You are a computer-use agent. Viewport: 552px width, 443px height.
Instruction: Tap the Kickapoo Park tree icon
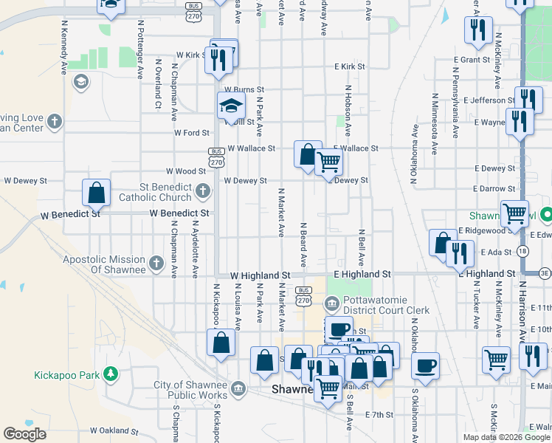pos(111,373)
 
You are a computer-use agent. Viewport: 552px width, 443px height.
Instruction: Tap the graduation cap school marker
pos(231,106)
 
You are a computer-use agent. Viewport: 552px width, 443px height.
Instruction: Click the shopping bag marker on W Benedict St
pos(97,193)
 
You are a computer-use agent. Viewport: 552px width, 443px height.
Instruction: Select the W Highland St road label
pos(260,275)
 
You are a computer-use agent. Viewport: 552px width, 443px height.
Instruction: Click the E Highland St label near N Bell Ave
pos(362,274)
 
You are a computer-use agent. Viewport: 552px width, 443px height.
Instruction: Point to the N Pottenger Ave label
pos(140,49)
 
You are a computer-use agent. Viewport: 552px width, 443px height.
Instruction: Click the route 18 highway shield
pos(522,252)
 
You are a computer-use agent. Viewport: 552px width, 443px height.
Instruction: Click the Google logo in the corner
pos(24,434)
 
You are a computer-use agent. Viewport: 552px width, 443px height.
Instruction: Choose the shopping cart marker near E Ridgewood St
pos(514,213)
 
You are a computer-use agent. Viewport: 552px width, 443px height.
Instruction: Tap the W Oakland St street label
pos(114,430)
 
